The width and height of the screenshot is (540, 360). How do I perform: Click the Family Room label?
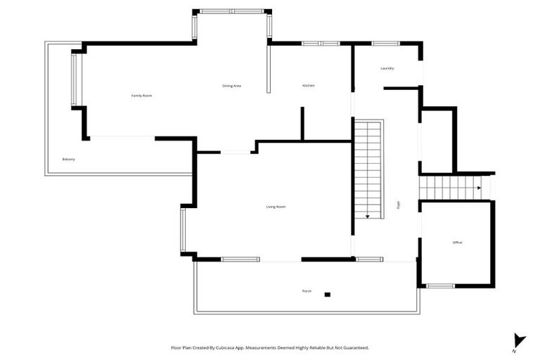tap(141, 96)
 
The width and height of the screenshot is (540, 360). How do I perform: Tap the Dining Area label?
tap(232, 86)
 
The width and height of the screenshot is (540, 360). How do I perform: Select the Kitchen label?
tap(309, 86)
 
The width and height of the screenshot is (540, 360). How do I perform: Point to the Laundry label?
tap(387, 68)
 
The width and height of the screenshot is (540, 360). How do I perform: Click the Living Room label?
tap(276, 207)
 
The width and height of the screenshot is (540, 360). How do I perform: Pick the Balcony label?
tap(68, 159)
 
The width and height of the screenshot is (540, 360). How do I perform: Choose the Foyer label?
tap(399, 205)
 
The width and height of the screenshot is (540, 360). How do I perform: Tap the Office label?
tap(457, 243)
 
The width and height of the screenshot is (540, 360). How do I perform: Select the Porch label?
tap(307, 290)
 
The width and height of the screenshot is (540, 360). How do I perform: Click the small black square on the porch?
tap(327, 294)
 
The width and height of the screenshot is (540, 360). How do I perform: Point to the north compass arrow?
tap(518, 340)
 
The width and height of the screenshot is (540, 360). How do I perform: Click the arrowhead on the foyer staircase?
tap(367, 217)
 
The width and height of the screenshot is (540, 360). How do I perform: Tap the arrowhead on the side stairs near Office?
tap(479, 188)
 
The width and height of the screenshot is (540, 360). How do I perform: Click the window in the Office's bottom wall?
tap(441, 286)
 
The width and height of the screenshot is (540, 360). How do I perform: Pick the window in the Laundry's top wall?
tap(385, 44)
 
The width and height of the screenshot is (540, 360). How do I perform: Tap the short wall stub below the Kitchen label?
tap(302, 124)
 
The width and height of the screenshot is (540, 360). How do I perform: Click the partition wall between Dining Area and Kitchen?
tap(268, 70)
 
